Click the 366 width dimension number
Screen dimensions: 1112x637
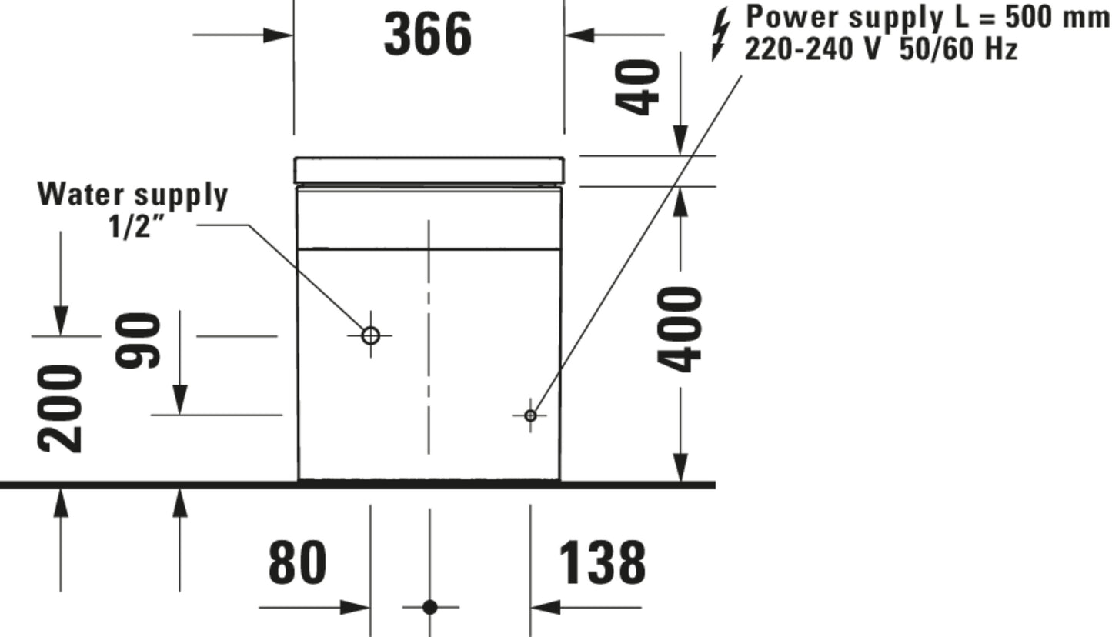click(x=428, y=35)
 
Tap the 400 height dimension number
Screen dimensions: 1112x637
click(x=680, y=329)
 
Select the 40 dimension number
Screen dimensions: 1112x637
click(x=637, y=88)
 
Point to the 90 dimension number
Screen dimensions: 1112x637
click(x=138, y=341)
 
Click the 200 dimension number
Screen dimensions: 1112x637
click(x=59, y=409)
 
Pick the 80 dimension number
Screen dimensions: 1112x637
click(x=298, y=562)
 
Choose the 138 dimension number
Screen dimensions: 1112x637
click(x=603, y=562)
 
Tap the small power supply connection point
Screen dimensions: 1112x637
click(x=530, y=415)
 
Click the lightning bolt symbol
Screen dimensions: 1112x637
click(x=720, y=34)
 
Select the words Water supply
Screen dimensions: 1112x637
click(x=133, y=195)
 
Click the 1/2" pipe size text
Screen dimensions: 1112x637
click(x=136, y=227)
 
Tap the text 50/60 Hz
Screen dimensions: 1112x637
click(x=959, y=49)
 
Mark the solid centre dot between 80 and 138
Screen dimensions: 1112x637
click(x=430, y=607)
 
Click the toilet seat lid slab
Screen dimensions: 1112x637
click(x=429, y=170)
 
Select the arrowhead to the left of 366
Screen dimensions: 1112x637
click(x=278, y=35)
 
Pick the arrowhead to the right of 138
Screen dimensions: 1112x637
click(x=545, y=607)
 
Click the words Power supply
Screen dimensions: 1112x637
click(x=845, y=18)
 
